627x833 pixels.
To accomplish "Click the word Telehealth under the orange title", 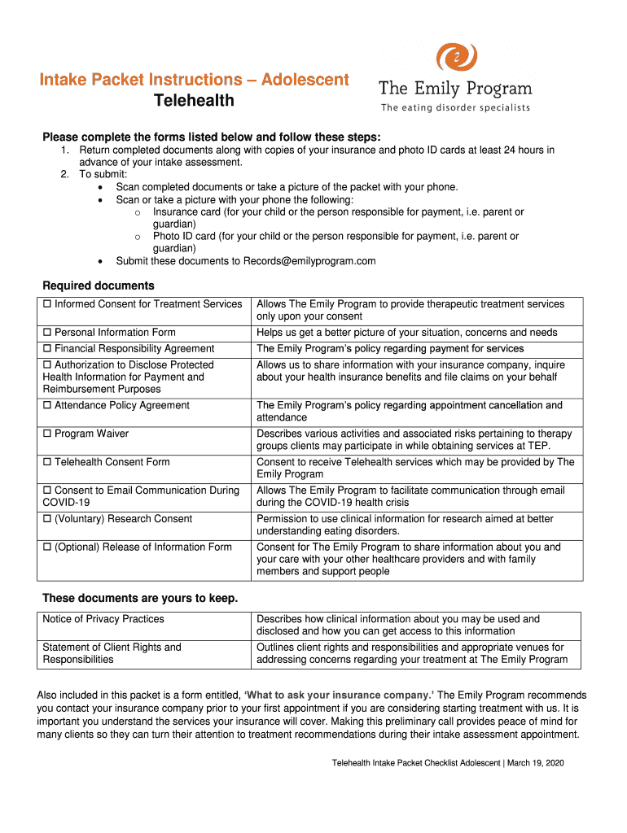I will point(195,100).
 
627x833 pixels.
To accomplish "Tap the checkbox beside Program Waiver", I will point(47,434).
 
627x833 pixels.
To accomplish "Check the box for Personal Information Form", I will point(47,333).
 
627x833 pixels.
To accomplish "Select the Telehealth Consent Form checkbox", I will point(47,463).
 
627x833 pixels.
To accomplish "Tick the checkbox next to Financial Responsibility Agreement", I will point(47,349).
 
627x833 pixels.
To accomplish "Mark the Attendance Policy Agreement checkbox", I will point(47,406).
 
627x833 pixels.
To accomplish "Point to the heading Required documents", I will point(98,286).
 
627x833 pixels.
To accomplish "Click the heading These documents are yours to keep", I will point(140,599).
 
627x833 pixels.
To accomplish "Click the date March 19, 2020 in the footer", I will point(537,763).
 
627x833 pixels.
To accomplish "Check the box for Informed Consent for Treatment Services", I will point(47,304).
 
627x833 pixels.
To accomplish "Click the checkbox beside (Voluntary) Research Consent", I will point(47,519).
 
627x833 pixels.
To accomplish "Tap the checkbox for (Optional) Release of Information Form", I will point(47,547).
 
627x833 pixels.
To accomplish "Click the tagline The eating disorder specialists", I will point(455,108).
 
